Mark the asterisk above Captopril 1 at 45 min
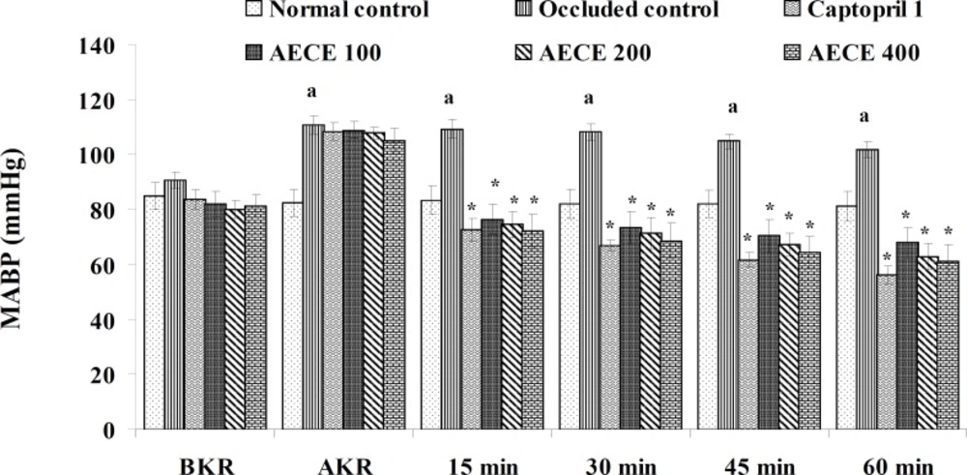click(747, 239)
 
